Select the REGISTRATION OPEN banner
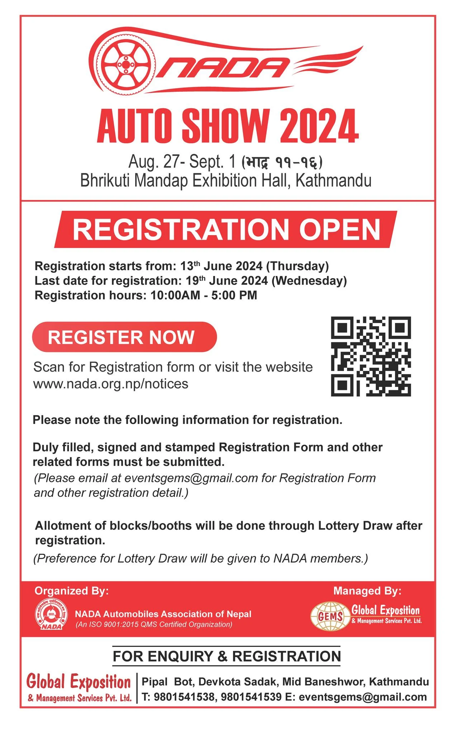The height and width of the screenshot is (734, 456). pyautogui.click(x=226, y=229)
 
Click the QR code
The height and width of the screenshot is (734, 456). pyautogui.click(x=371, y=356)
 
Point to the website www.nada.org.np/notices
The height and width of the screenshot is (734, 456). pyautogui.click(x=111, y=384)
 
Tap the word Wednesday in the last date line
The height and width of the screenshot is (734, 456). pyautogui.click(x=309, y=281)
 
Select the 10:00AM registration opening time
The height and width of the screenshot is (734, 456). pyautogui.click(x=175, y=295)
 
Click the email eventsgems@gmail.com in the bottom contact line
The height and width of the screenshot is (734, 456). pyautogui.click(x=363, y=697)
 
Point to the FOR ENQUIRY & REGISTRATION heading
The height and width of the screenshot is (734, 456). pyautogui.click(x=227, y=657)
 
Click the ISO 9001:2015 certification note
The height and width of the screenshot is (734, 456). pyautogui.click(x=154, y=625)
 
